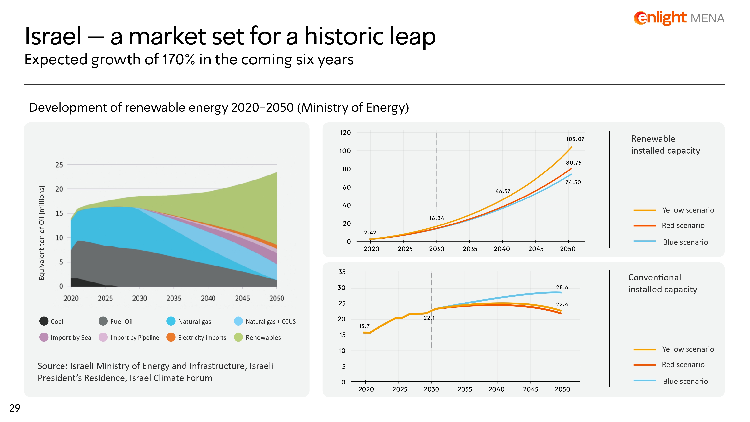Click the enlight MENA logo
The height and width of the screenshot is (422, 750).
(x=679, y=18)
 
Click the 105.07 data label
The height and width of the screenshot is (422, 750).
(x=575, y=139)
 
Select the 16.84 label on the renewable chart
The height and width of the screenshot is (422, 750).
(x=437, y=218)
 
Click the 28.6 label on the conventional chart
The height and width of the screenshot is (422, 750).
(x=562, y=287)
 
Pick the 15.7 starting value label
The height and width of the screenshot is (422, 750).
(x=364, y=326)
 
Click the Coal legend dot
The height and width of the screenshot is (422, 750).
(x=44, y=321)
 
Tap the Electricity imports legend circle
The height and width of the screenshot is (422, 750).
(x=171, y=337)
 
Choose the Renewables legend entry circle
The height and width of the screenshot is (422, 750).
(x=238, y=337)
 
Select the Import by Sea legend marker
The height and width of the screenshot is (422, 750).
(x=44, y=337)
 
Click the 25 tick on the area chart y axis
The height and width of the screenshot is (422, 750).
(x=59, y=165)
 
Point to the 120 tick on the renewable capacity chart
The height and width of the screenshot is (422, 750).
(x=345, y=133)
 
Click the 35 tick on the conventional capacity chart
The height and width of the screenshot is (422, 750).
(x=342, y=272)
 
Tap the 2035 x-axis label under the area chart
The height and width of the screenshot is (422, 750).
(x=174, y=298)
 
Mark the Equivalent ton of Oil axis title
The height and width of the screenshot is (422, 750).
(x=42, y=233)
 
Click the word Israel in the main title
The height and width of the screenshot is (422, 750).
(x=53, y=36)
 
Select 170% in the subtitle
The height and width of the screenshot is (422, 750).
(x=178, y=59)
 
